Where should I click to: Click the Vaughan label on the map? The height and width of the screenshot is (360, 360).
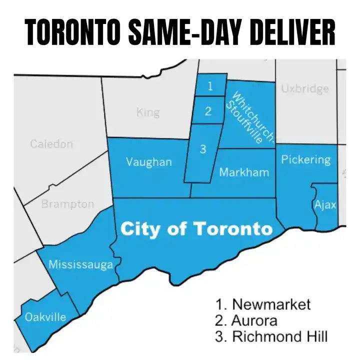[x=148, y=162]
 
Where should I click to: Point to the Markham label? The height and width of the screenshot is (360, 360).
[x=244, y=172]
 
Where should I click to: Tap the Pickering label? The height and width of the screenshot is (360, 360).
[x=305, y=160]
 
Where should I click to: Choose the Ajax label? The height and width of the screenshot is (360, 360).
[x=325, y=205]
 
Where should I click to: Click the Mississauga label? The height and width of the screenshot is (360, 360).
[x=80, y=264]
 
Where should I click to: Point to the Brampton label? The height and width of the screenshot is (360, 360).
[x=67, y=204]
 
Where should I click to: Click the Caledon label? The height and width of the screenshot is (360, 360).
[x=51, y=144]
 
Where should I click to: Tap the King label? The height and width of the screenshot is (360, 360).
[x=148, y=112]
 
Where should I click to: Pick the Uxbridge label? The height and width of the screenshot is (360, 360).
[x=305, y=88]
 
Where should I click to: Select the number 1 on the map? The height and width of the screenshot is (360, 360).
[x=210, y=86]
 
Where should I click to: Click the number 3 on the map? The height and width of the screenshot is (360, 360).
[x=202, y=149]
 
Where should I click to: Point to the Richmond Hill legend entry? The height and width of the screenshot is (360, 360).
[x=271, y=336]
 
